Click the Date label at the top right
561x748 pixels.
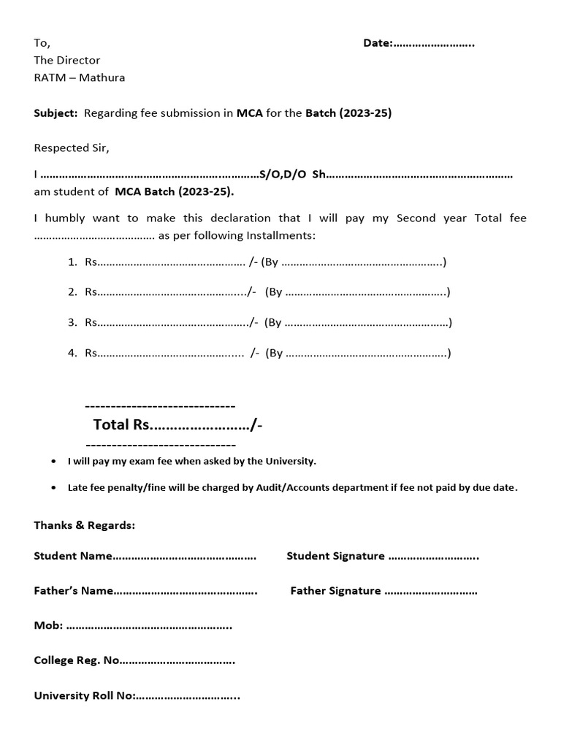click(378, 43)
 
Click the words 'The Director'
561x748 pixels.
click(67, 60)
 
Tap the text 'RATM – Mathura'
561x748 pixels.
click(79, 77)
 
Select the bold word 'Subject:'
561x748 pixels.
click(56, 113)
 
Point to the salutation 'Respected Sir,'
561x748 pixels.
click(71, 148)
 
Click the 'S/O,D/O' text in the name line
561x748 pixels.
click(283, 175)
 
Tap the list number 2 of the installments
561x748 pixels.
click(72, 292)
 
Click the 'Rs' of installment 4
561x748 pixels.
click(91, 353)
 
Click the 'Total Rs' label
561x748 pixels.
click(121, 425)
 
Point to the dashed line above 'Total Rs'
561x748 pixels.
click(160, 405)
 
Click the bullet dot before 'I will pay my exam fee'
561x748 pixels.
click(57, 462)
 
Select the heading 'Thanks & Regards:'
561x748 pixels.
click(84, 525)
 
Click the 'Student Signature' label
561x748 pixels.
click(335, 556)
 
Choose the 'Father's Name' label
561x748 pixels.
click(73, 591)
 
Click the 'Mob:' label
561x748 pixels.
click(48, 625)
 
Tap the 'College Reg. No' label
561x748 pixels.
click(76, 660)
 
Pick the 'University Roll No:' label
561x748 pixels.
click(84, 695)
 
